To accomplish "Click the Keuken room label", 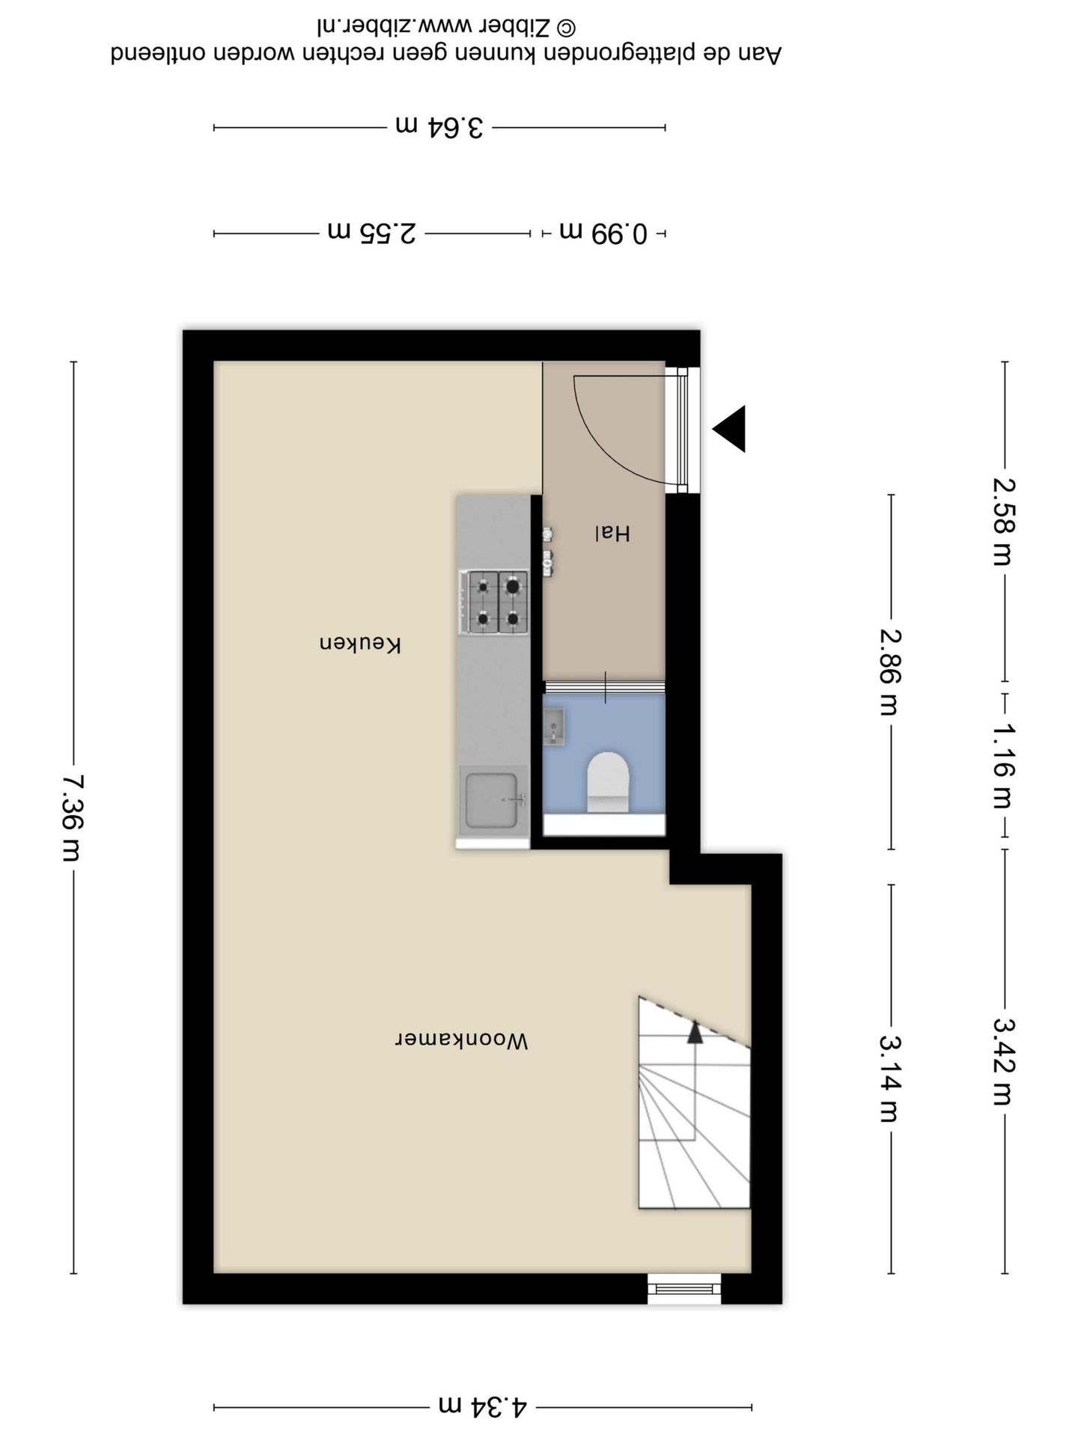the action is click(361, 644).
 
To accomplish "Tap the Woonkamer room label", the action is click(462, 1040).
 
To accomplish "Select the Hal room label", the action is click(612, 533).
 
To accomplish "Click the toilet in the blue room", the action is click(607, 782).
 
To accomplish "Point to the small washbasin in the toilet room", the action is click(553, 727).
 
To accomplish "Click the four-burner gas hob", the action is click(494, 602).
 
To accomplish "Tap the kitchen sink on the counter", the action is click(493, 801).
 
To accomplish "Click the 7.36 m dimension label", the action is click(73, 817).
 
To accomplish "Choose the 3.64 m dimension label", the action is click(439, 126).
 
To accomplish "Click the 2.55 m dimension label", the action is click(372, 233).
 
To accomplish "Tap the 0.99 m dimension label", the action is click(603, 233).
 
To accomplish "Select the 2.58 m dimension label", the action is click(1004, 522).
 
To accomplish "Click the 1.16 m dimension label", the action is click(1004, 766).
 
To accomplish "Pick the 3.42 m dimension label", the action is click(1004, 1061).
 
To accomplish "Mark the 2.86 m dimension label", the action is click(890, 672).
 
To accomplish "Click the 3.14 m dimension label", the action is click(890, 1079).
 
